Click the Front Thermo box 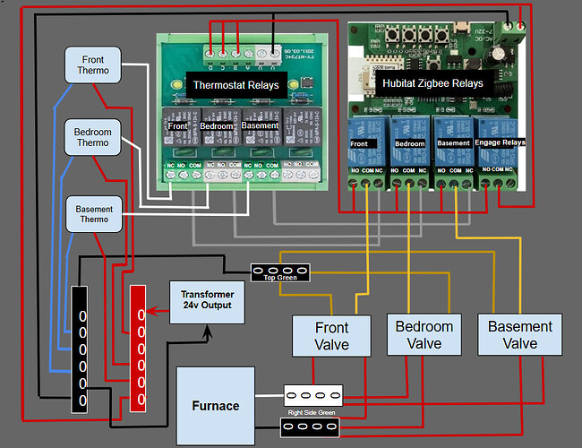[x=93, y=65]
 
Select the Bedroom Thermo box [x=92, y=137]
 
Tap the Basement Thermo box [x=94, y=214]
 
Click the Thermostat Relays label [x=237, y=86]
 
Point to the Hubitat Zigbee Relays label [x=432, y=82]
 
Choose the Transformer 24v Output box [x=208, y=300]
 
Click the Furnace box [x=216, y=405]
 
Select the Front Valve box [x=331, y=334]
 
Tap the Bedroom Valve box [x=424, y=335]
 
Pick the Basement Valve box [x=519, y=335]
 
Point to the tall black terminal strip [x=81, y=349]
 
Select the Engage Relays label [x=499, y=142]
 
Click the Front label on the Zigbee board [x=358, y=142]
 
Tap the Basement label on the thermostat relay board [x=261, y=126]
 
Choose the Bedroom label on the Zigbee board [x=409, y=142]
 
